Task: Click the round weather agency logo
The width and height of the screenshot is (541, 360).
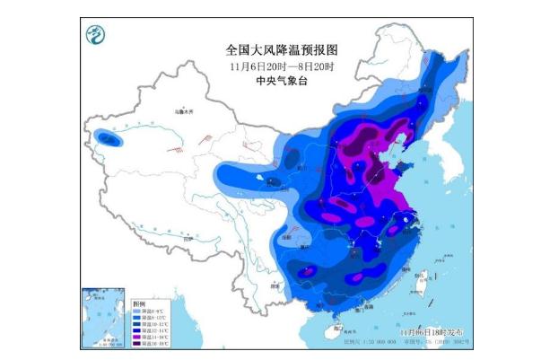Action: click(x=94, y=36)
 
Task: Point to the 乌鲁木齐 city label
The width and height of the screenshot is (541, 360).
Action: click(x=184, y=112)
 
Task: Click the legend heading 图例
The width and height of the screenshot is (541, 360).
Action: click(x=136, y=303)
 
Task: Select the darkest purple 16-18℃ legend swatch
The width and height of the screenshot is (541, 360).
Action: click(x=139, y=344)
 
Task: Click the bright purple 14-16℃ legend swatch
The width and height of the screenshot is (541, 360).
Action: click(x=139, y=338)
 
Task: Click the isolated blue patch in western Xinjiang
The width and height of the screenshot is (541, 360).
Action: click(x=109, y=139)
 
